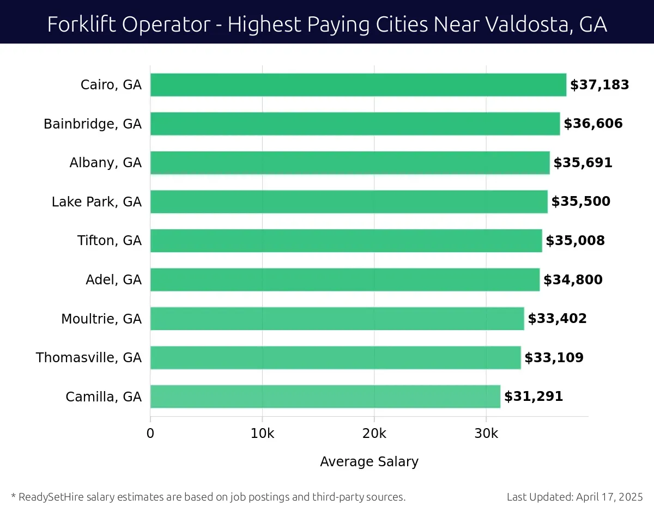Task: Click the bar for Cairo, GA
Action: [x=358, y=85]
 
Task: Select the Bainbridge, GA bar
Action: [x=355, y=124]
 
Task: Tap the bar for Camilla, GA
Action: [x=325, y=397]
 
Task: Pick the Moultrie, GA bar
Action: [x=337, y=319]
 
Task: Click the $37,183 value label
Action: [x=599, y=85]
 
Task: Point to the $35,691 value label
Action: [x=583, y=163]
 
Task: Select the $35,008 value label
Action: [x=575, y=241]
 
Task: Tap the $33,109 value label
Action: [x=554, y=358]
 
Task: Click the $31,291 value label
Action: [x=533, y=397]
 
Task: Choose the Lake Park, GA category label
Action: [x=96, y=202]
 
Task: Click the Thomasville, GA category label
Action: [x=89, y=358]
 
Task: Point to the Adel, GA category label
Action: [x=113, y=280]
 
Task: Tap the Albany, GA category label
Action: [x=105, y=163]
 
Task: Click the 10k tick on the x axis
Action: [x=262, y=434]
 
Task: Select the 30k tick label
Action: [x=486, y=434]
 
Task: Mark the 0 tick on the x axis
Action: [x=150, y=434]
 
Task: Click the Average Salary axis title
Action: [x=369, y=462]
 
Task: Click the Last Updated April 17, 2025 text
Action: [x=574, y=497]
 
